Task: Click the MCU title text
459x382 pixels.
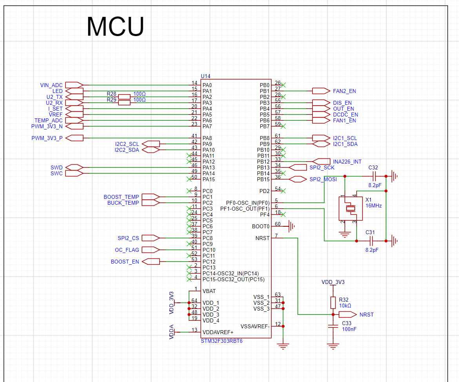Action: pos(115,27)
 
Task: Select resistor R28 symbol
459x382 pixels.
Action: pos(124,96)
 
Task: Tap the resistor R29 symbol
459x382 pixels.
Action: pos(124,102)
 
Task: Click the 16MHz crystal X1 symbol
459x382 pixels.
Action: pos(350,208)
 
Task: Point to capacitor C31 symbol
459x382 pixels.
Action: pos(371,241)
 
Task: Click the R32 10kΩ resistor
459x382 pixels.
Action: pos(333,303)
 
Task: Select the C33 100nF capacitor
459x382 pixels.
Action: pos(333,326)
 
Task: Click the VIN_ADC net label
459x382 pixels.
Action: pos(51,85)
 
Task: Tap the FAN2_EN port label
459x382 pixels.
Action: pos(345,91)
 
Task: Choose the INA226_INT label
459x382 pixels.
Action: pos(347,162)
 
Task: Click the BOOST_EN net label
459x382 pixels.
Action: pos(125,262)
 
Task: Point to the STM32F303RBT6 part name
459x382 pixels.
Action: pos(221,341)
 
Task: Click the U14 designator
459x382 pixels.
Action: pos(205,76)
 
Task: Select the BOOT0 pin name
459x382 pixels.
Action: pos(261,226)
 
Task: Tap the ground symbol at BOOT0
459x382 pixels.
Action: pos(292,226)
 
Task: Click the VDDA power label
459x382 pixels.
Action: pos(172,332)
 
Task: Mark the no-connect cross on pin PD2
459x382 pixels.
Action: pos(283,191)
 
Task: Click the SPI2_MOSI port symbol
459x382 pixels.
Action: pos(298,179)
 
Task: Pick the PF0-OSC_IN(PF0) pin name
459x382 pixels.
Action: pos(248,203)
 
